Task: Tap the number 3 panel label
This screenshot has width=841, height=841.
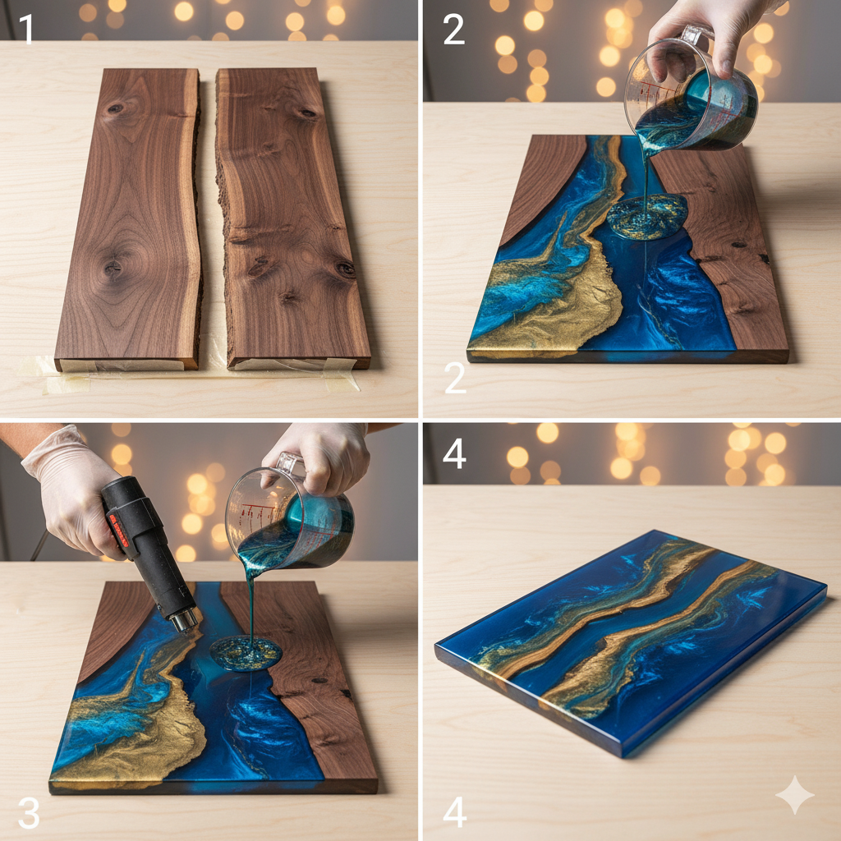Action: [x=29, y=812]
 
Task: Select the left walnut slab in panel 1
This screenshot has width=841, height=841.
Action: [x=129, y=218]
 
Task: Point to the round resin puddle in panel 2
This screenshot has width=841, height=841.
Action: [x=646, y=216]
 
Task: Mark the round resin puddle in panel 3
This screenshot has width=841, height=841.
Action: [x=246, y=653]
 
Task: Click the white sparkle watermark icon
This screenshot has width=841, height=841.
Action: [x=794, y=794]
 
